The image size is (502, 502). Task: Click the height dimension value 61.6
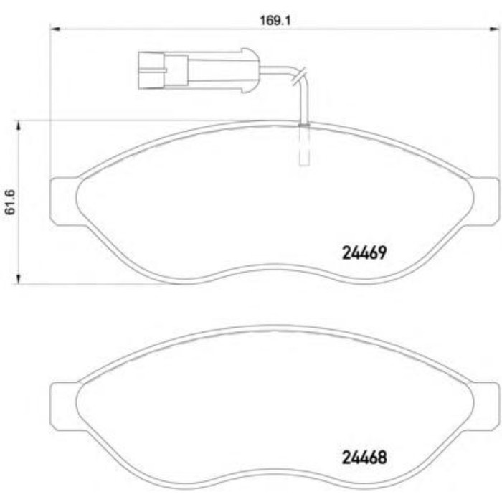(10, 202)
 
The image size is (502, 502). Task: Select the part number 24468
(361, 456)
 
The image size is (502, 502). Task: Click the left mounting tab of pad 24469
(63, 200)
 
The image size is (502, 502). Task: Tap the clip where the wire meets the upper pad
(303, 126)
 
